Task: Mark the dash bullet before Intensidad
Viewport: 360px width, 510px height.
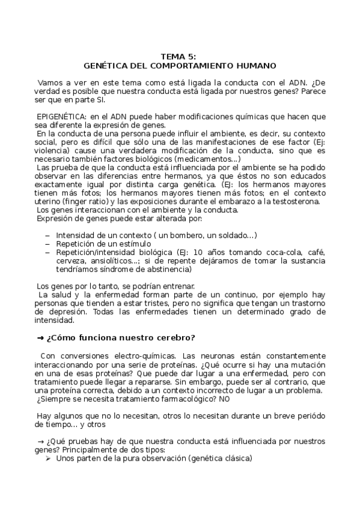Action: point(48,235)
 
